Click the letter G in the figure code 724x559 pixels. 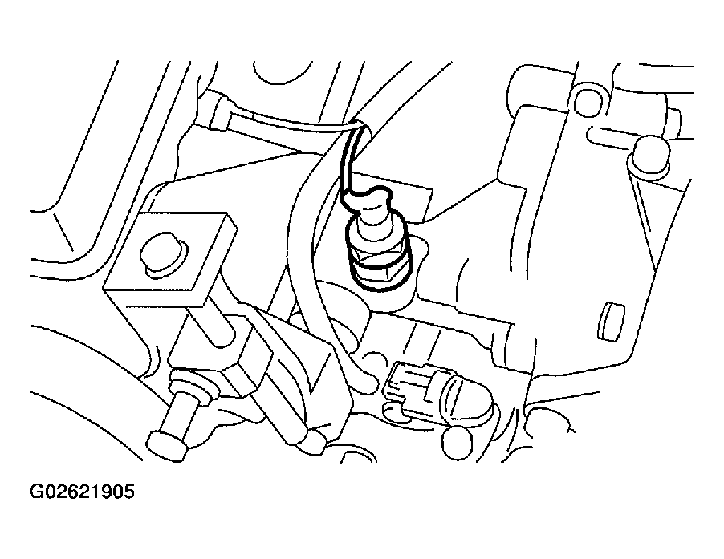[x=35, y=492]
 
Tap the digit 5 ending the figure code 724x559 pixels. [x=128, y=492]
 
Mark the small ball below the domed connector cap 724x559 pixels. [x=458, y=442]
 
